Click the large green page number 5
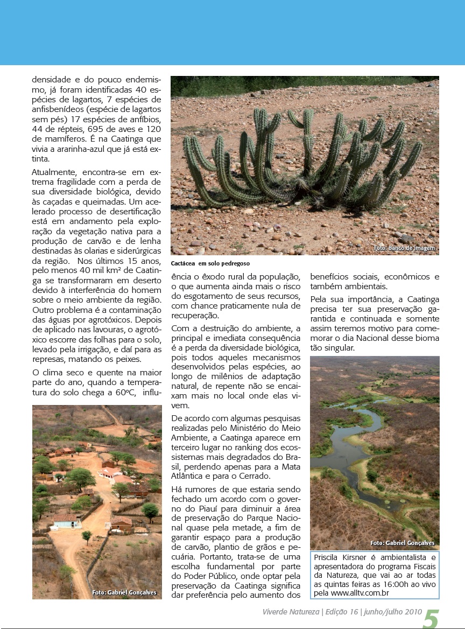pyautogui.click(x=431, y=618)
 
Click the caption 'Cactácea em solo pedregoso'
pyautogui.click(x=210, y=264)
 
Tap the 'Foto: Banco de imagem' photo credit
pyautogui.click(x=404, y=248)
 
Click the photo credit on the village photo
pyautogui.click(x=124, y=592)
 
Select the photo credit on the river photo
pyautogui.click(x=402, y=543)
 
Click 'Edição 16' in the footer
pyautogui.click(x=341, y=612)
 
